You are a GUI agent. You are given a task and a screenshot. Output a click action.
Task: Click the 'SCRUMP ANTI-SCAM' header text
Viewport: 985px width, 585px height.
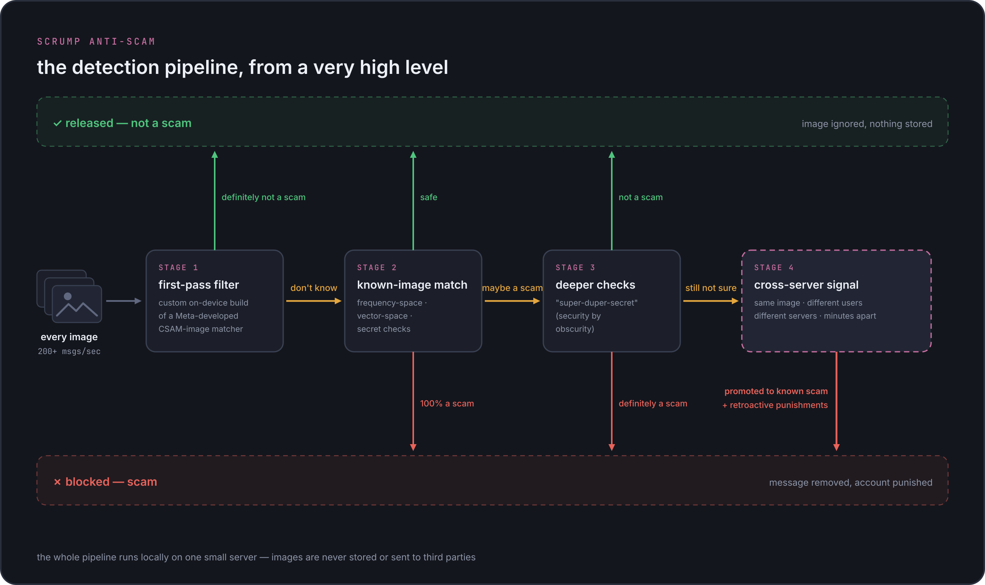pos(96,42)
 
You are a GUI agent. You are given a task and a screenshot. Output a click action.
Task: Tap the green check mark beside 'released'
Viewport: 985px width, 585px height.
pos(58,124)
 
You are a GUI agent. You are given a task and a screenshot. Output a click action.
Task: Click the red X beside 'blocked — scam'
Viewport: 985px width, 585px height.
pos(58,482)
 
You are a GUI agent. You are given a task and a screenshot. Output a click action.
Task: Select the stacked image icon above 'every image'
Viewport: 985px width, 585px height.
pos(69,296)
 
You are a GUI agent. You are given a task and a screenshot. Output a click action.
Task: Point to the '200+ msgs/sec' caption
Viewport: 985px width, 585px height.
pos(69,351)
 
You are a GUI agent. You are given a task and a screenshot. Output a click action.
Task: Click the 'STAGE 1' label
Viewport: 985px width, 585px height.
pos(178,267)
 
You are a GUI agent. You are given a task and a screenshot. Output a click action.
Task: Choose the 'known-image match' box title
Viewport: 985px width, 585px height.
pos(412,285)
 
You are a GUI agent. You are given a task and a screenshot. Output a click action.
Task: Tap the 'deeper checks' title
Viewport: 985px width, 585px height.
pos(595,285)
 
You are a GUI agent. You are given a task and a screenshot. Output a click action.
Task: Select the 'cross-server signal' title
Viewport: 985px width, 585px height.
pos(806,285)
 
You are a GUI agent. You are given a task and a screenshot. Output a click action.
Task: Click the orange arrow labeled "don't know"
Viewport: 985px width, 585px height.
pos(314,301)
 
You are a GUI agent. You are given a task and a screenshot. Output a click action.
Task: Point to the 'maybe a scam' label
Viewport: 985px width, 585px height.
pos(512,288)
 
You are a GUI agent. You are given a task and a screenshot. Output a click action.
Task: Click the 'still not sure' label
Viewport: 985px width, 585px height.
pos(711,288)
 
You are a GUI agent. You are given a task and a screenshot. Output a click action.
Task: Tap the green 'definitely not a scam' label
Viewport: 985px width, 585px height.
pos(264,197)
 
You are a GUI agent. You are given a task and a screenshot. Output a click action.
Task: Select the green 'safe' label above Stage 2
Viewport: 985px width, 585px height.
pos(429,197)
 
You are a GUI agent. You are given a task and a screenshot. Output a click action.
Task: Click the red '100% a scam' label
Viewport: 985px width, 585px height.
pos(447,403)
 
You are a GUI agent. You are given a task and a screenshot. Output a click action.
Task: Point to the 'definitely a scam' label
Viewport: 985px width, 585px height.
pos(653,403)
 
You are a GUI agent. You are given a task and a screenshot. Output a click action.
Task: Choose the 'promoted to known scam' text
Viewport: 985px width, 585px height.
pos(776,391)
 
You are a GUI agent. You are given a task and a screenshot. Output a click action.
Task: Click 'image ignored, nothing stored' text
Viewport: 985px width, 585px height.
pos(867,124)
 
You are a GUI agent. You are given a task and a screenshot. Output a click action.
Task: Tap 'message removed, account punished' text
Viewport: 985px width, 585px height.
pos(851,483)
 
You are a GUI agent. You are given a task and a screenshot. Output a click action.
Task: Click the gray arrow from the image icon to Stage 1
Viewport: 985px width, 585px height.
pos(124,301)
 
